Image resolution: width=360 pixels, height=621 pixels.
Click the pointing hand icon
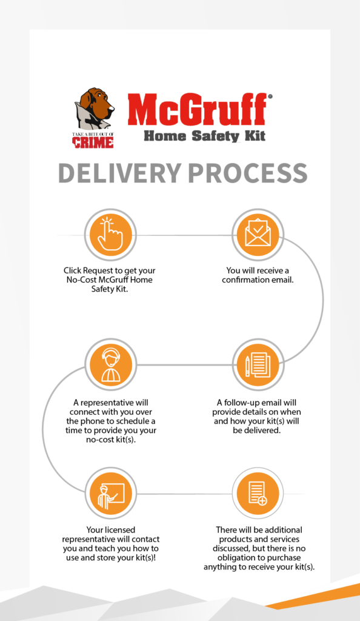[x=110, y=235]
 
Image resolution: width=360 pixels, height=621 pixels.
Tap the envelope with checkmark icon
[x=258, y=234]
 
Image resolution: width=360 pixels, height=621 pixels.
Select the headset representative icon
[x=111, y=364]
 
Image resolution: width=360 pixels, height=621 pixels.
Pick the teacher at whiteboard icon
[x=111, y=494]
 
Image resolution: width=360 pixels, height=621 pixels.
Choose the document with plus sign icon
[x=258, y=494]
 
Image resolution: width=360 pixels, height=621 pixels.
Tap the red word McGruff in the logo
[x=197, y=109]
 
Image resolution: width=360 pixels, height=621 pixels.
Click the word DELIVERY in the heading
[x=119, y=173]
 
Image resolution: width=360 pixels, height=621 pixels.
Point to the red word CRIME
[x=93, y=143]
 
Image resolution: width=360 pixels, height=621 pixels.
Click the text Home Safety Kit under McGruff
[x=204, y=136]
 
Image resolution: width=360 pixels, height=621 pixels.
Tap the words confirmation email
[x=258, y=280]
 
